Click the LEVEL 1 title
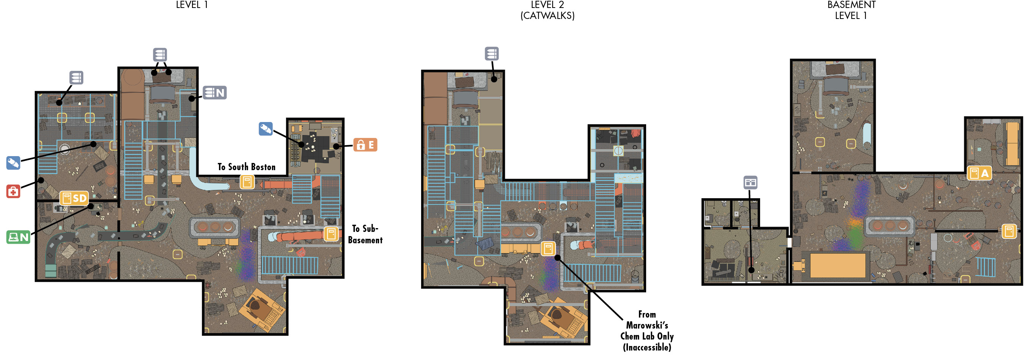[192, 5]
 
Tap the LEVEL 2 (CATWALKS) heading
[547, 10]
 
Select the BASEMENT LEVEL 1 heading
[851, 10]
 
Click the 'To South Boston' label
[247, 167]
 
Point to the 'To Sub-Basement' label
[365, 234]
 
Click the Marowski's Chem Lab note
[647, 331]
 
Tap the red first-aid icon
[13, 191]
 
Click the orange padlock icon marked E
[365, 145]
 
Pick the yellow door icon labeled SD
[74, 198]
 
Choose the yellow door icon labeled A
[979, 173]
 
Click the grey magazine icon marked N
[214, 93]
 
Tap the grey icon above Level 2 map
[492, 53]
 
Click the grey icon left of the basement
[750, 183]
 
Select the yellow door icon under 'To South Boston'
[247, 182]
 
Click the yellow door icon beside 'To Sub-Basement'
[331, 234]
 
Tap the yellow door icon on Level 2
[548, 248]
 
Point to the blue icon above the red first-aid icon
[13, 163]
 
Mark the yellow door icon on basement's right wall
[1009, 231]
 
